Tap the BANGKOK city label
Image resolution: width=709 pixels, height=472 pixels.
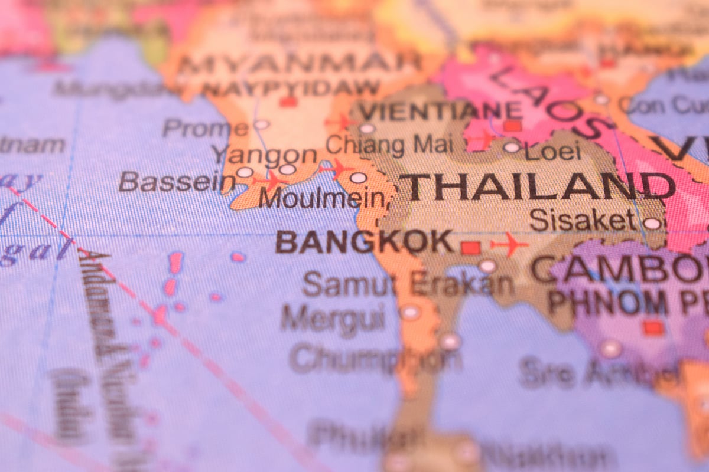364,242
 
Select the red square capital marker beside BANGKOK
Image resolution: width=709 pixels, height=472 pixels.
470,248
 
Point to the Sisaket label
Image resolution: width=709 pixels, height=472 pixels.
582,220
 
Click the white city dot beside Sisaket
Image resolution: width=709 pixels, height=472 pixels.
652,224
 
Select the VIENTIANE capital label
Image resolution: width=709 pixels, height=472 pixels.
440,111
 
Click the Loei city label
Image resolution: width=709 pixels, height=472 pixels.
553,152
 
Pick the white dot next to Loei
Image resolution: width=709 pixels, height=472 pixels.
512,147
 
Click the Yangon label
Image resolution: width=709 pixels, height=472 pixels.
265,155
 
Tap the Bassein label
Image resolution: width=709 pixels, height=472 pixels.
172,182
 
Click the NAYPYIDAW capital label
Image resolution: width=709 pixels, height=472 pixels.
291,88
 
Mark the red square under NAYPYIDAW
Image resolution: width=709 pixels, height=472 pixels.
288,102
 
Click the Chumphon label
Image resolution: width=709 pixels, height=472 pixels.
376,357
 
